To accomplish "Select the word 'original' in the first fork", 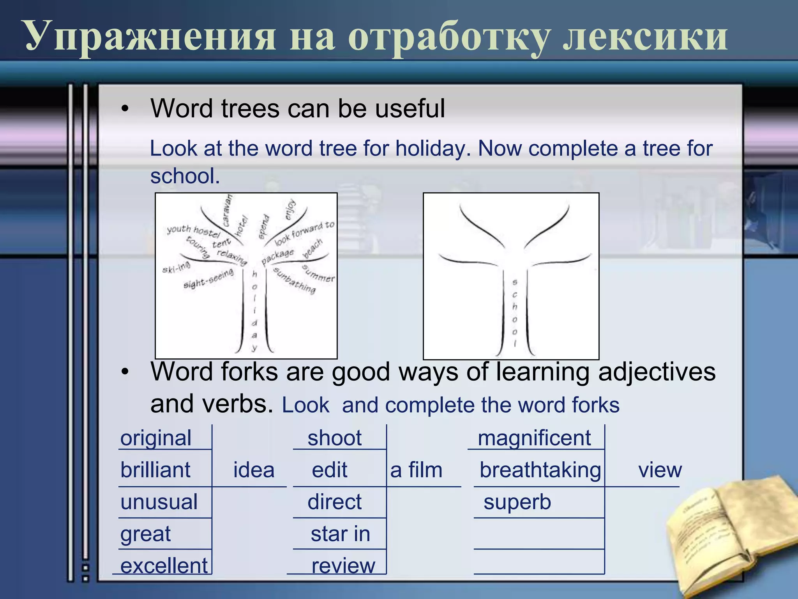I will coord(156,438).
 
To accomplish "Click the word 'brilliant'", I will coord(155,470).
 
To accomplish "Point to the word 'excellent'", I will coord(164,566).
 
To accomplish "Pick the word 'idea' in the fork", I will coord(254,470).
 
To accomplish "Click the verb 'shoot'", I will coord(334,438).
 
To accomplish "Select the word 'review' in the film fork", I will coord(343,566).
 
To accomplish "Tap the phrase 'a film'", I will coord(416,470).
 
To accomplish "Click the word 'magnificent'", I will coord(534,438).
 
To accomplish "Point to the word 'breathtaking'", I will coord(540,470).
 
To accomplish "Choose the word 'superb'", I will coord(517,502).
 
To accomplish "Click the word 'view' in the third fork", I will coord(660,470).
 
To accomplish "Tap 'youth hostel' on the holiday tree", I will coord(193,231).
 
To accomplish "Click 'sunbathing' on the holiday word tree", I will coord(294,281).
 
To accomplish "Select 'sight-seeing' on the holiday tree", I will coord(208,278).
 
